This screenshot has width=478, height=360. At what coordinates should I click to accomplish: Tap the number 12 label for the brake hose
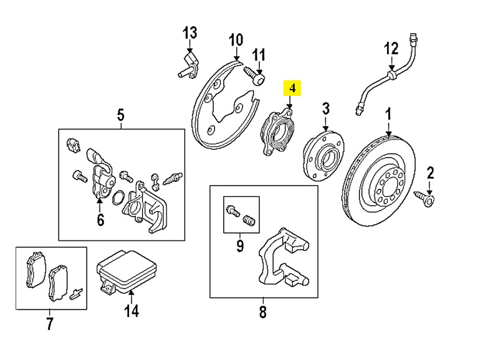pos(390,47)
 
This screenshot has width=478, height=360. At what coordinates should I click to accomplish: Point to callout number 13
pos(189,32)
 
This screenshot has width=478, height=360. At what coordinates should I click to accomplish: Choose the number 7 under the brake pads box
pos(50,323)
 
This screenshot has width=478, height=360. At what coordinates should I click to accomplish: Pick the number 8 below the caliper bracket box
pos(262,311)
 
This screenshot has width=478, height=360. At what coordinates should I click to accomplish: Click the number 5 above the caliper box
pos(121,115)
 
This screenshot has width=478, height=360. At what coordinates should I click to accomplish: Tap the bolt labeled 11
pos(257,77)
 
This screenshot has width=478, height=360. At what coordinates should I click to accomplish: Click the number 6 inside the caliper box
pos(100,220)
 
